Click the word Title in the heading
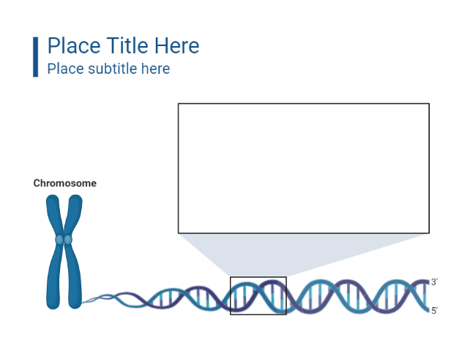tap(129, 46)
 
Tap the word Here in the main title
tap(176, 46)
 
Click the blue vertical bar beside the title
tap(35, 56)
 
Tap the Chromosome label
tap(64, 184)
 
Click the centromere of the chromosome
tap(64, 239)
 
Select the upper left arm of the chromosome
tap(55, 215)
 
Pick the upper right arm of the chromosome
tap(73, 215)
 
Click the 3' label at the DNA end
tap(434, 282)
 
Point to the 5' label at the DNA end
tap(434, 311)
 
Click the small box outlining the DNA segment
tap(258, 278)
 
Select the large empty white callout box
tap(303, 168)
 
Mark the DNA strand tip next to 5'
tap(425, 310)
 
